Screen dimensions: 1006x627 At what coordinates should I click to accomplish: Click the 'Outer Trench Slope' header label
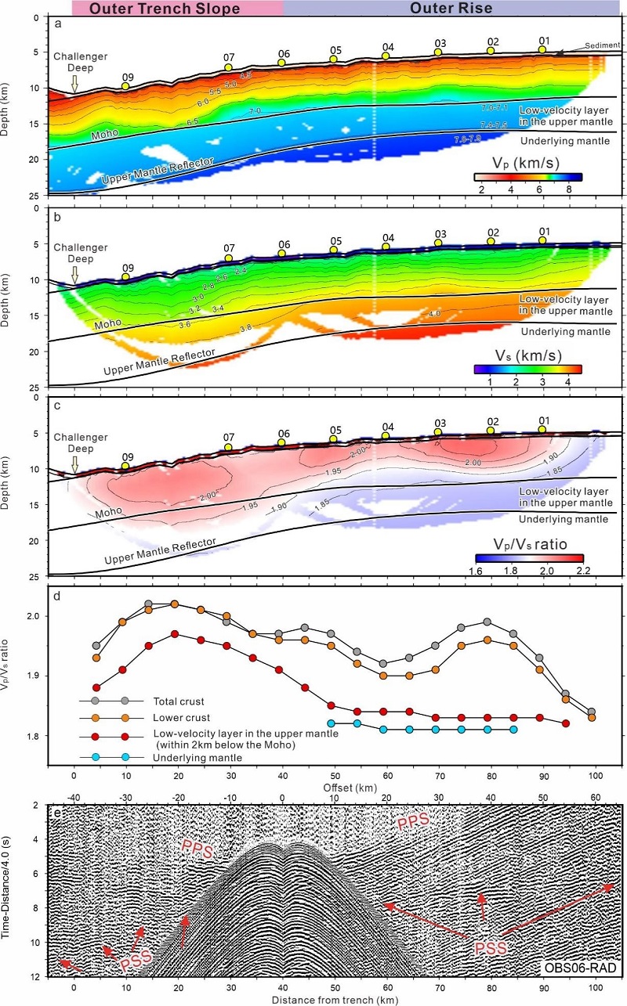pyautogui.click(x=177, y=9)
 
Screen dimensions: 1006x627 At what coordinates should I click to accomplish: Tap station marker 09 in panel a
pyautogui.click(x=125, y=86)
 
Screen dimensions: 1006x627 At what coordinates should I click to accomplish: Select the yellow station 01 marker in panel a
pyautogui.click(x=542, y=49)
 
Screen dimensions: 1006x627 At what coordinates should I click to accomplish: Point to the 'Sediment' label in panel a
pyautogui.click(x=598, y=46)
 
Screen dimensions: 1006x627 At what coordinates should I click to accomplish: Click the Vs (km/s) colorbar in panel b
pyautogui.click(x=529, y=367)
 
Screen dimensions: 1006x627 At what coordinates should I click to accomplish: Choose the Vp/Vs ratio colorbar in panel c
pyautogui.click(x=529, y=557)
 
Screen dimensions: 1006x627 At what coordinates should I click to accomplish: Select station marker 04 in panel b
pyautogui.click(x=386, y=247)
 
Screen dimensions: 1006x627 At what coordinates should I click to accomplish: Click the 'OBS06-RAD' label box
pyautogui.click(x=580, y=968)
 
